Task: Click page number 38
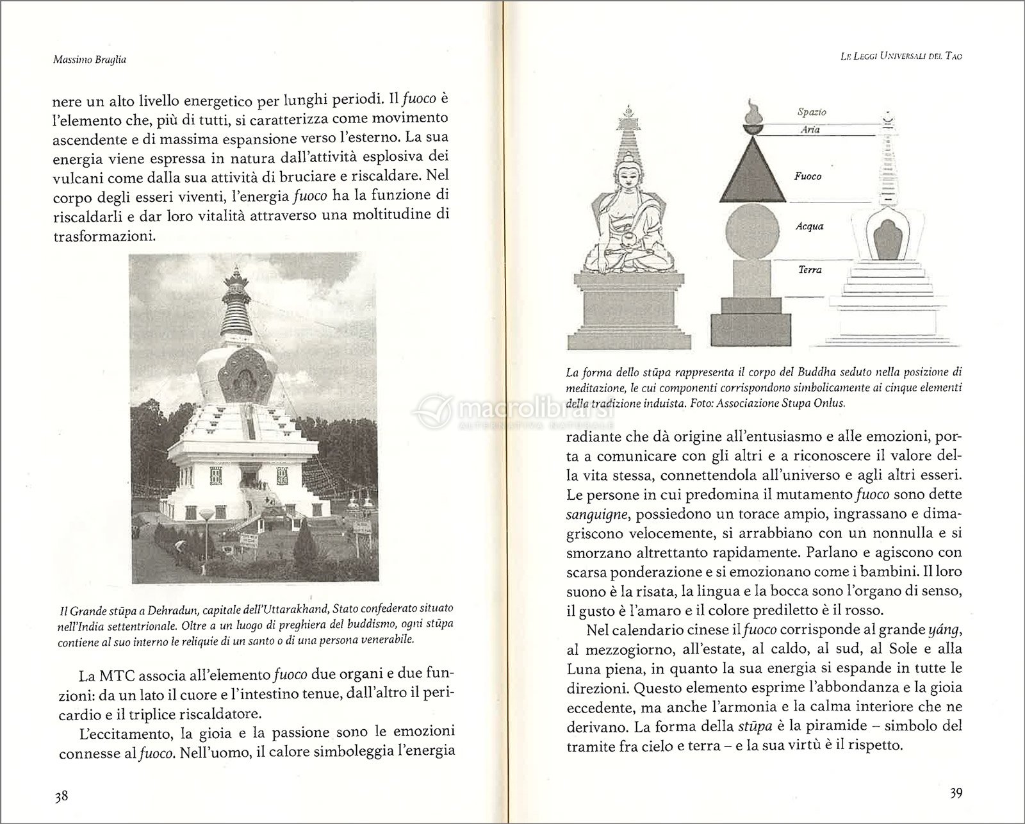[61, 796]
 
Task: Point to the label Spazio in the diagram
[812, 112]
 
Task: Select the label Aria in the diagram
[810, 129]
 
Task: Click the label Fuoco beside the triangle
[808, 176]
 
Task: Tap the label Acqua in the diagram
[808, 226]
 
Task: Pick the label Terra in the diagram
[810, 270]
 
